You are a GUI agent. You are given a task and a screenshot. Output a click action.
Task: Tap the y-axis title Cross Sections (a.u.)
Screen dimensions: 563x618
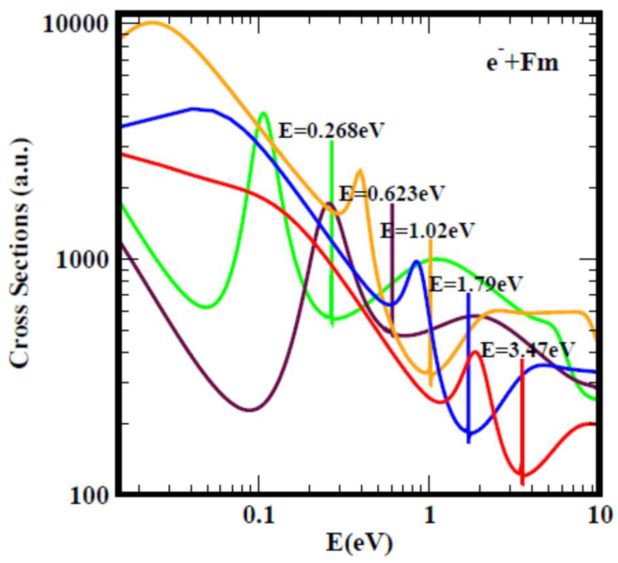[x=20, y=252]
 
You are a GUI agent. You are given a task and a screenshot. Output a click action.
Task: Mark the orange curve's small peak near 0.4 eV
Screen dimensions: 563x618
[x=360, y=170]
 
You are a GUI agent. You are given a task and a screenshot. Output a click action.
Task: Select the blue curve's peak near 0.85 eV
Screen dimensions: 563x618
[x=416, y=261]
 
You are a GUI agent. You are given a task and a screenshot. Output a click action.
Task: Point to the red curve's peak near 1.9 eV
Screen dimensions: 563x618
[x=475, y=352]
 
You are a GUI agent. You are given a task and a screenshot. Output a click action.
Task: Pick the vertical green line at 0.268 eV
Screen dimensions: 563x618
[x=332, y=230]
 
